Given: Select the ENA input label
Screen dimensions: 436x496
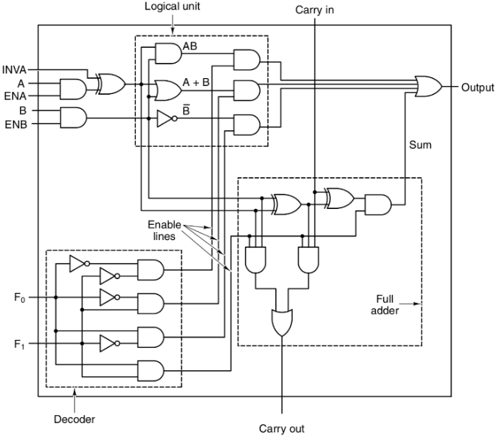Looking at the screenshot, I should (14, 95).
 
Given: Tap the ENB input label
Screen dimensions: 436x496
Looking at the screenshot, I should (14, 124).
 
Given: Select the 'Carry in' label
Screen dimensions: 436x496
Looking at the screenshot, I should (315, 10).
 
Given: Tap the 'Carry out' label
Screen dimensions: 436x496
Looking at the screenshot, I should (282, 428).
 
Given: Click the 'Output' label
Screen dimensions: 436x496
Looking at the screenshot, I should (477, 87).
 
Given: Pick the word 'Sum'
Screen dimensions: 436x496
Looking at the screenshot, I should (419, 145).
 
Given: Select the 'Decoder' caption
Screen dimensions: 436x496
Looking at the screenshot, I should (74, 418).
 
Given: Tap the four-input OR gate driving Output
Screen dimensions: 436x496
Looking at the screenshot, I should (429, 87).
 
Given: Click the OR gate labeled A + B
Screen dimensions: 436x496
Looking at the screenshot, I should (168, 90).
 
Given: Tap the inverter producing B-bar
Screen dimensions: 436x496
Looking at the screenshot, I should (165, 119).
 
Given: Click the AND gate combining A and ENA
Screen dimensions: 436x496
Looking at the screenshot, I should (73, 89).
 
